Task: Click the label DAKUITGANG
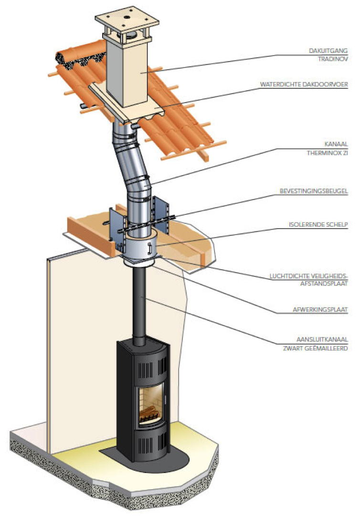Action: click(328, 51)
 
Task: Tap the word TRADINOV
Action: click(333, 59)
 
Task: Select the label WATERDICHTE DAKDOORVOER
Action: click(304, 84)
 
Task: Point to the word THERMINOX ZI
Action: click(327, 153)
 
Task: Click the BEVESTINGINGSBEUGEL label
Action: click(314, 191)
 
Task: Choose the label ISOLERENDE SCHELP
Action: click(318, 224)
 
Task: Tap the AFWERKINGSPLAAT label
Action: click(320, 309)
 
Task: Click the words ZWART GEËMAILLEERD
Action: click(315, 348)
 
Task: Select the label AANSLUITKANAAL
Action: click(322, 339)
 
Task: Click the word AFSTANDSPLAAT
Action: click(324, 284)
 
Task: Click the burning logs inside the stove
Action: click(149, 414)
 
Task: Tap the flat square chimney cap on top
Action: click(127, 18)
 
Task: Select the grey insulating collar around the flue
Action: click(141, 246)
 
